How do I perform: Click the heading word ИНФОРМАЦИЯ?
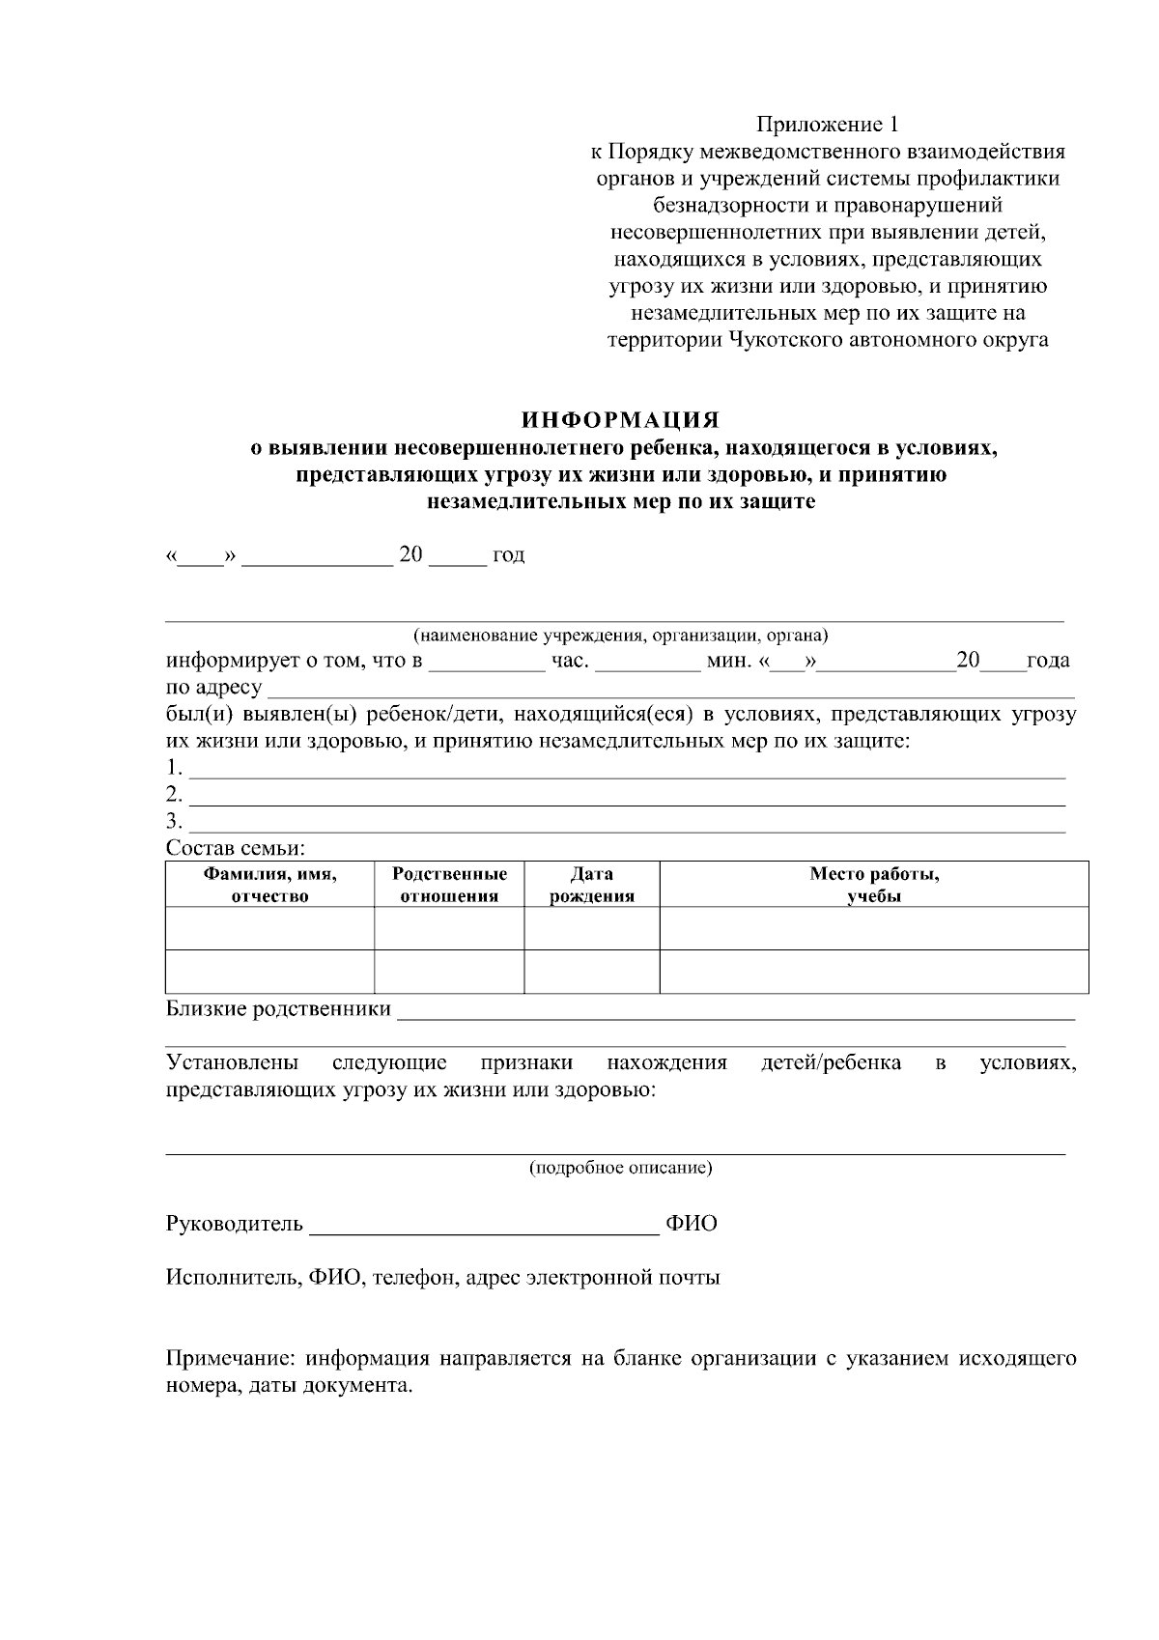pos(621,420)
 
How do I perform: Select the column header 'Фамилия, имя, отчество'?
pos(269,885)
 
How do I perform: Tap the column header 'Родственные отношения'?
pos(449,885)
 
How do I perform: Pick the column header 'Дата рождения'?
pos(591,885)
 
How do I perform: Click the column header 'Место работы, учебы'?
pos(873,885)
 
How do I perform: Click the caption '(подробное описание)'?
pos(620,1168)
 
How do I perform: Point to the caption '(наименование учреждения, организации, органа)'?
pos(620,636)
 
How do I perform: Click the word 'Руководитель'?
pos(235,1225)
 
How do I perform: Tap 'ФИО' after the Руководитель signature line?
pos(692,1225)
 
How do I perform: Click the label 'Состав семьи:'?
pos(236,849)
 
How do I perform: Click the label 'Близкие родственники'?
pos(278,1009)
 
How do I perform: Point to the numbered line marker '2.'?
pos(174,795)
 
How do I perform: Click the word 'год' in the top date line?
pos(508,555)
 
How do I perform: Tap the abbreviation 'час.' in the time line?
pos(570,662)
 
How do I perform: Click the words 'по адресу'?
pos(213,688)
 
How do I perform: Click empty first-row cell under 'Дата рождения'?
pos(591,928)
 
